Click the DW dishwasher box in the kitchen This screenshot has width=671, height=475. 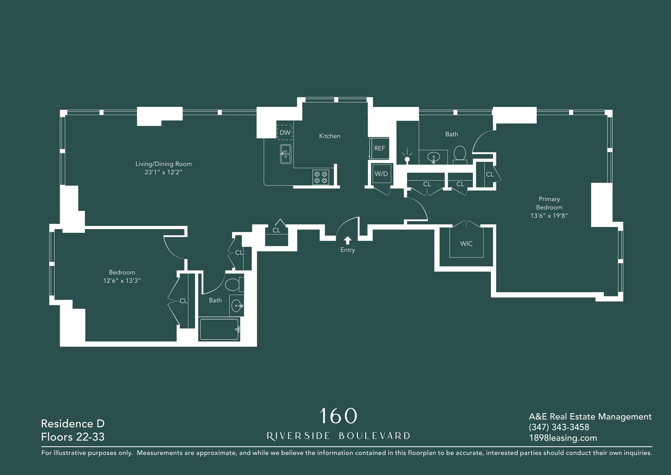(285, 132)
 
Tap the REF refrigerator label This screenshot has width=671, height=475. (379, 148)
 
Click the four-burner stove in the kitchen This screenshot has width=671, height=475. (321, 177)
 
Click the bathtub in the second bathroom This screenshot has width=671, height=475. (219, 329)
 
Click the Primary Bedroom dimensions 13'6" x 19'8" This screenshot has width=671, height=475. (549, 216)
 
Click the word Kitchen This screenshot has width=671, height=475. (330, 136)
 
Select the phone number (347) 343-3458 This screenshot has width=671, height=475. (559, 427)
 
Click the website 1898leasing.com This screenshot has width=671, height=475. (563, 438)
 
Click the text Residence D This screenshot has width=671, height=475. (73, 423)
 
